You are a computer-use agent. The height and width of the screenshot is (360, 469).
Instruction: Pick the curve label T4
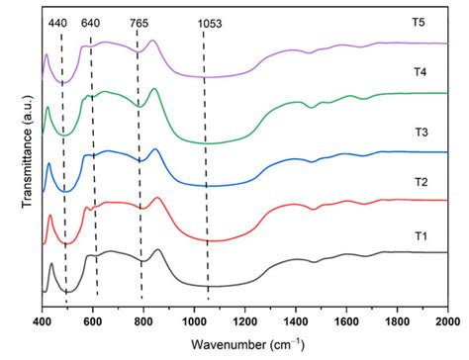tap(420, 72)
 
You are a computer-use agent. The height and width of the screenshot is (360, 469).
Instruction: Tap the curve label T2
tap(420, 183)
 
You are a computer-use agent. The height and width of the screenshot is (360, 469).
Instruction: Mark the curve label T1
tap(420, 235)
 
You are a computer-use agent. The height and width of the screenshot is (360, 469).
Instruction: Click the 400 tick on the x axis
tap(42, 321)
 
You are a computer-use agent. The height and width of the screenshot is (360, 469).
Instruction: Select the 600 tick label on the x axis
tap(92, 321)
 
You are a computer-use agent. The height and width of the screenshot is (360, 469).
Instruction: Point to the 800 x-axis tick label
tap(143, 321)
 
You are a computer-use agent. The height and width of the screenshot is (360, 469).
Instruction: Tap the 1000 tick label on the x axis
tap(194, 321)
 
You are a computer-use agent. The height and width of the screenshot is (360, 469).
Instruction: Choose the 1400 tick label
tap(296, 321)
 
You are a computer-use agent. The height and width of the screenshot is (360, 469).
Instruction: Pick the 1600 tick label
tap(346, 321)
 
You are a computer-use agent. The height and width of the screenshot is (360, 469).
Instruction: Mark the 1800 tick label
tap(398, 321)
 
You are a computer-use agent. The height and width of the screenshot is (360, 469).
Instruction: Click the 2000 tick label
tap(446, 321)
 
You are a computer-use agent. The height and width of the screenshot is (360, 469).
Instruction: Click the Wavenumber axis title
tap(243, 344)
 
